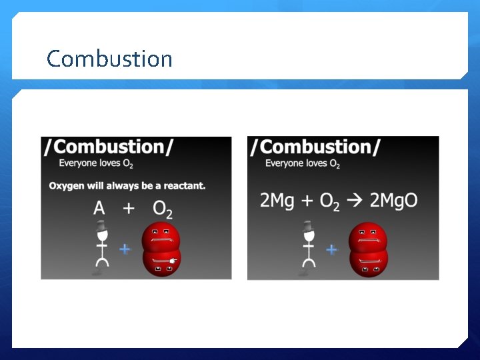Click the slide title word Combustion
tap(109, 59)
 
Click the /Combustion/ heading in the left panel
tap(109, 147)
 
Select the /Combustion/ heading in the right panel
tap(315, 147)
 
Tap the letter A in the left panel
tap(99, 209)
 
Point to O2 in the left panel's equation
tap(163, 209)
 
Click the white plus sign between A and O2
tap(129, 209)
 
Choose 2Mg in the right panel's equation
tap(277, 201)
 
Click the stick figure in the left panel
tap(101, 250)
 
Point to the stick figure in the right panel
tap(308, 250)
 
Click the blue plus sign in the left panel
tap(125, 249)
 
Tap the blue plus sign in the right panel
tap(331, 249)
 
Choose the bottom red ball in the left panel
tap(161, 263)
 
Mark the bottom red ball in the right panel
tap(367, 263)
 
